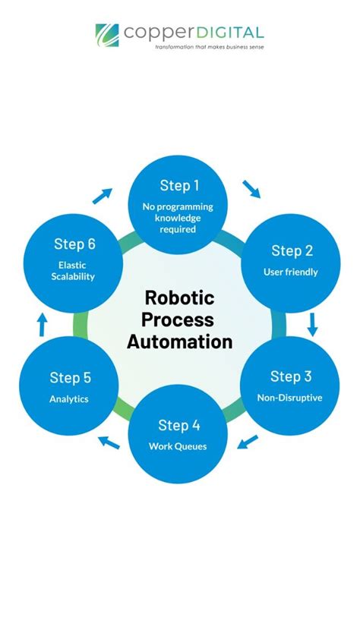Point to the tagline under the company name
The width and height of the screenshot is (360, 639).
[x=209, y=46]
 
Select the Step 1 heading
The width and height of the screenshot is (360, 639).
[x=179, y=185]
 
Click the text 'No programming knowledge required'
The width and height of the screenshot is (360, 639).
[x=179, y=217]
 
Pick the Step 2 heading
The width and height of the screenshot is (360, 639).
[x=292, y=251]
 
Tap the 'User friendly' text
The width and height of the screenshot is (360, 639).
[x=291, y=272]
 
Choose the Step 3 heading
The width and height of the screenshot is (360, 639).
[x=291, y=376]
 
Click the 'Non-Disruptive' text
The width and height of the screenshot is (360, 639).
[x=291, y=396]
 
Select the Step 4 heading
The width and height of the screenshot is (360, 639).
[x=178, y=425]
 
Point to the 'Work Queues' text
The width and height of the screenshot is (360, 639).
[x=178, y=445]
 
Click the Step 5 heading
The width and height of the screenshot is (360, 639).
[x=70, y=378]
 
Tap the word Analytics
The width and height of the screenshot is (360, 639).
[x=69, y=398]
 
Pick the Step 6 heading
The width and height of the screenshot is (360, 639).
[x=74, y=244]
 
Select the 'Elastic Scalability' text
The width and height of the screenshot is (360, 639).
[x=74, y=271]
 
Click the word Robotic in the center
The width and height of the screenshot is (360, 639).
[x=179, y=297]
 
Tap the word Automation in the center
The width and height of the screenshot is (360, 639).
[x=179, y=342]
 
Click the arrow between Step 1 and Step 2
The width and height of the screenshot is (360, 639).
[x=251, y=188]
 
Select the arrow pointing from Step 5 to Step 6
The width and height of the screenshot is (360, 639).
[x=43, y=325]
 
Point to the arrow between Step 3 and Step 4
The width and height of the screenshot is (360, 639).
[x=248, y=442]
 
